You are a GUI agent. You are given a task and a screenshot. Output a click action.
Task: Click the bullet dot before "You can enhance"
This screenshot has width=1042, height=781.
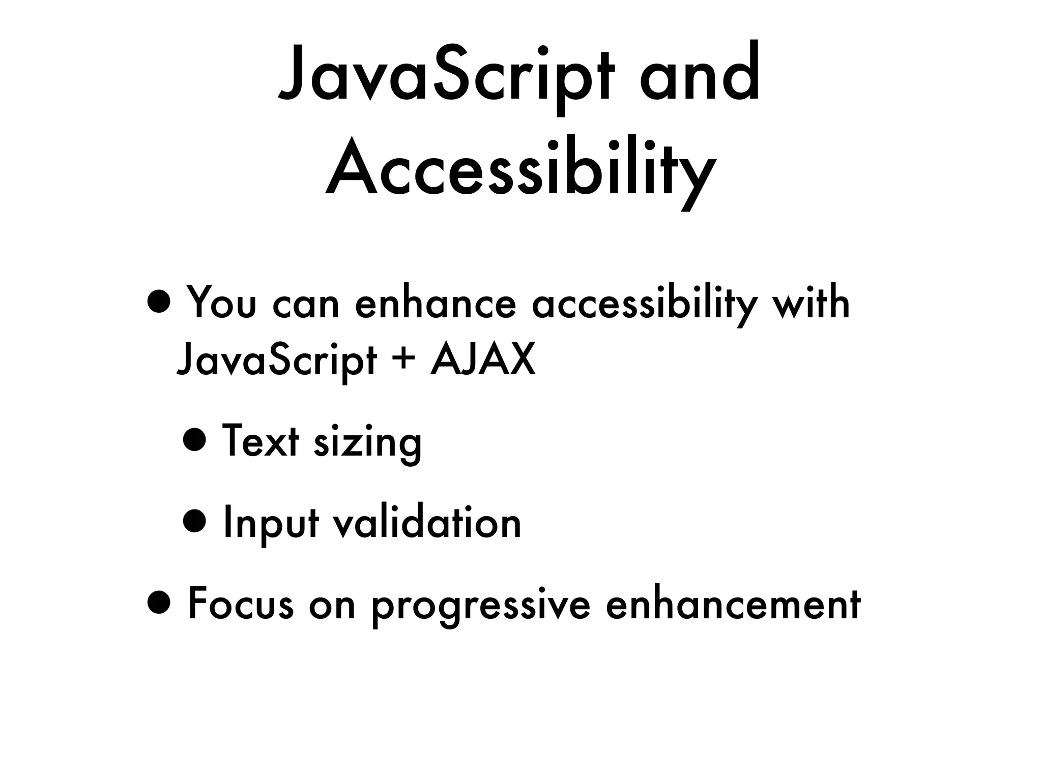tap(159, 304)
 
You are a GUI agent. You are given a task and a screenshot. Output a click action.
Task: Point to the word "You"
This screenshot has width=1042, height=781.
tap(221, 304)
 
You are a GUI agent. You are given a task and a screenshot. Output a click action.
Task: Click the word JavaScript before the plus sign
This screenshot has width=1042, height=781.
tap(276, 360)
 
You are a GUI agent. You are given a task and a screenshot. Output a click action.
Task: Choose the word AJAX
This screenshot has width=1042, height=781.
tap(483, 359)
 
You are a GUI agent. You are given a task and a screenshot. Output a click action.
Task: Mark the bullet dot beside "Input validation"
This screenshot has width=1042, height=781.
tap(195, 521)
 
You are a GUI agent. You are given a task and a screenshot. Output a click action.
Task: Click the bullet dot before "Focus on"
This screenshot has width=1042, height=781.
tap(159, 604)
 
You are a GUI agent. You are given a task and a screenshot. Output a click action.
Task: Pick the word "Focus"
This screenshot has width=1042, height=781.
tap(241, 604)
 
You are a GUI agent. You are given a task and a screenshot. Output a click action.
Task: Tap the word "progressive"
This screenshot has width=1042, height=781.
tap(480, 606)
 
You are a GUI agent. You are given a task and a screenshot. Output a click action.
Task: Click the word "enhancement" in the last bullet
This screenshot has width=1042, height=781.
tap(733, 604)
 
